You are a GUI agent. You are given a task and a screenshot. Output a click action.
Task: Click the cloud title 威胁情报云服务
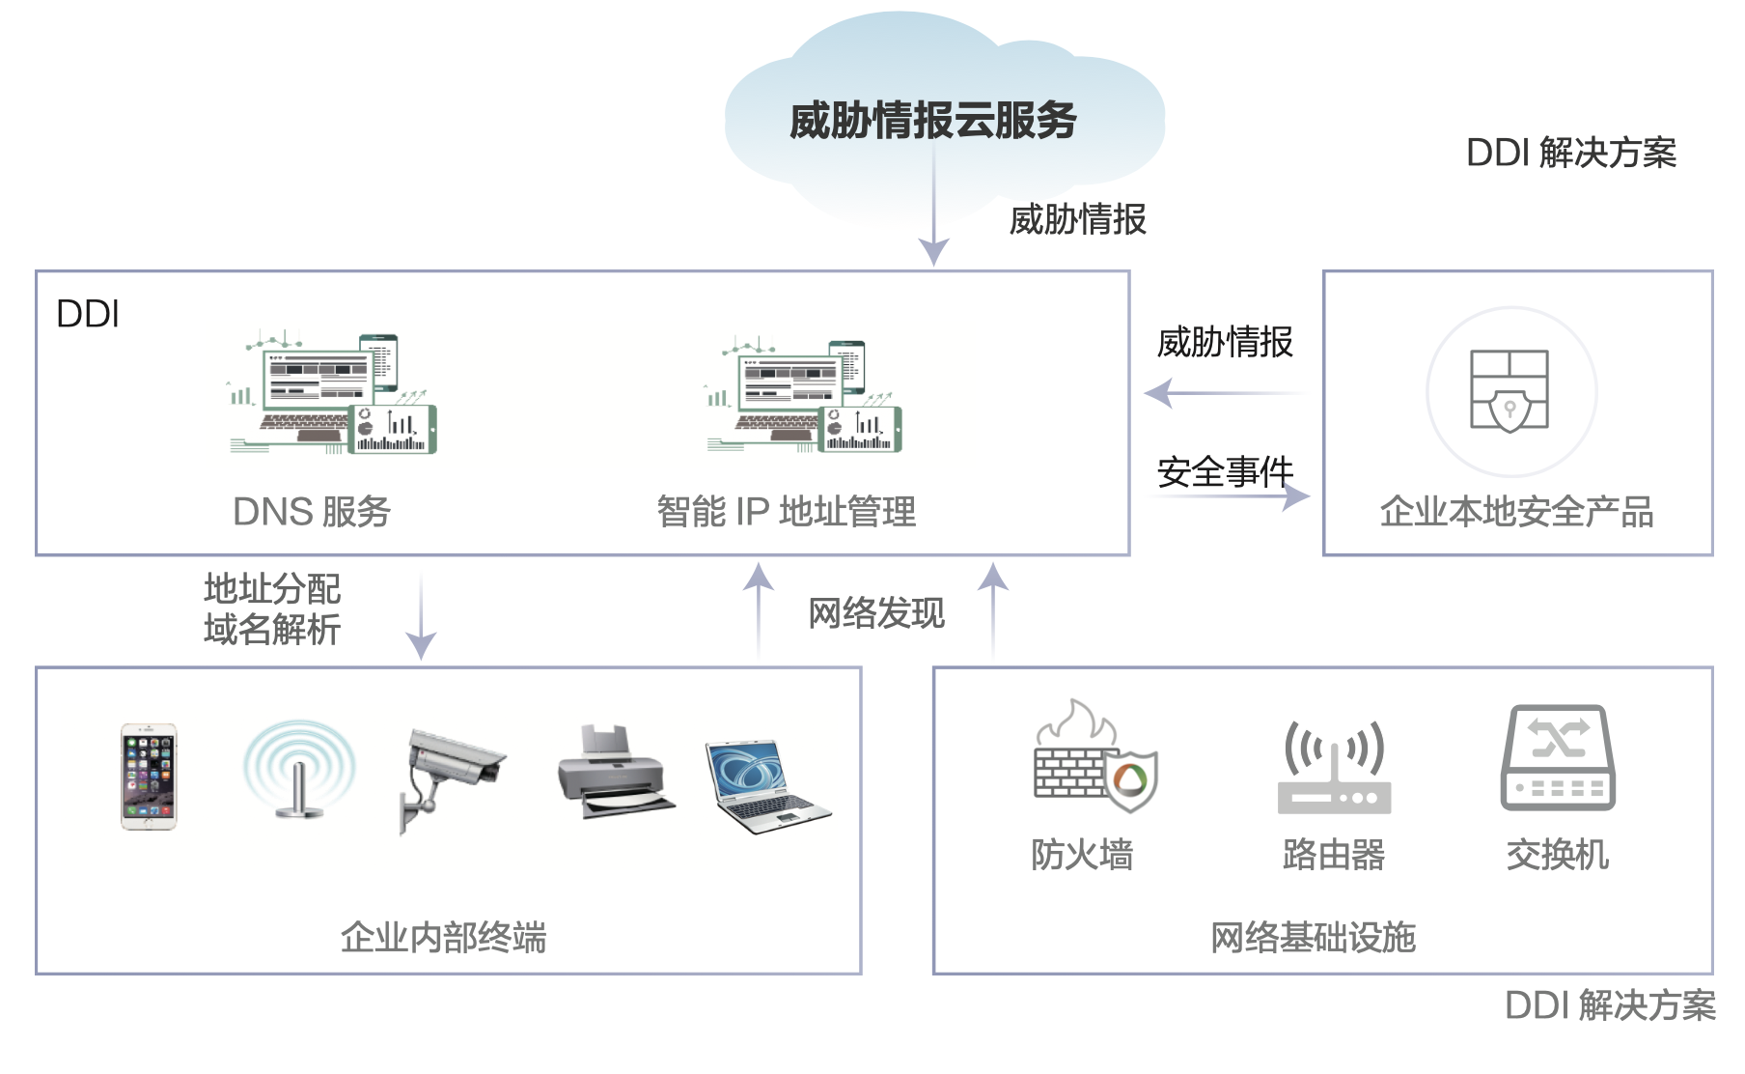(932, 121)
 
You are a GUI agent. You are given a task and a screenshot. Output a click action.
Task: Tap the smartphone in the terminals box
(149, 777)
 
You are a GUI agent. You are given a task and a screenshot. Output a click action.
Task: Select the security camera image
(450, 778)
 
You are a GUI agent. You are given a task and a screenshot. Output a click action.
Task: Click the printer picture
(614, 774)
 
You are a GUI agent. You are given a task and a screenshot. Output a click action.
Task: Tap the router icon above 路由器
(1334, 768)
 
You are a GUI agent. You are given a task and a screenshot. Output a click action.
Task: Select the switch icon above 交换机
(1558, 758)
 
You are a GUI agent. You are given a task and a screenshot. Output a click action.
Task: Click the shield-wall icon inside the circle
(1510, 390)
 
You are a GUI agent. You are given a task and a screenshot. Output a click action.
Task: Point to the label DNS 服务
(312, 512)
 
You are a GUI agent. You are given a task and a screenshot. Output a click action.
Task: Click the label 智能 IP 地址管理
(787, 512)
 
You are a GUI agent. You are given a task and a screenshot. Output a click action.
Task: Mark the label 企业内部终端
(443, 938)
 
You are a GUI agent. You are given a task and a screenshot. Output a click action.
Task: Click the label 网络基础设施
(1313, 938)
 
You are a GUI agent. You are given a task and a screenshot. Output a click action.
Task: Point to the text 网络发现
(876, 613)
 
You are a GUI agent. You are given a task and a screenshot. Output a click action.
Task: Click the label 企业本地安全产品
(1516, 512)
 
